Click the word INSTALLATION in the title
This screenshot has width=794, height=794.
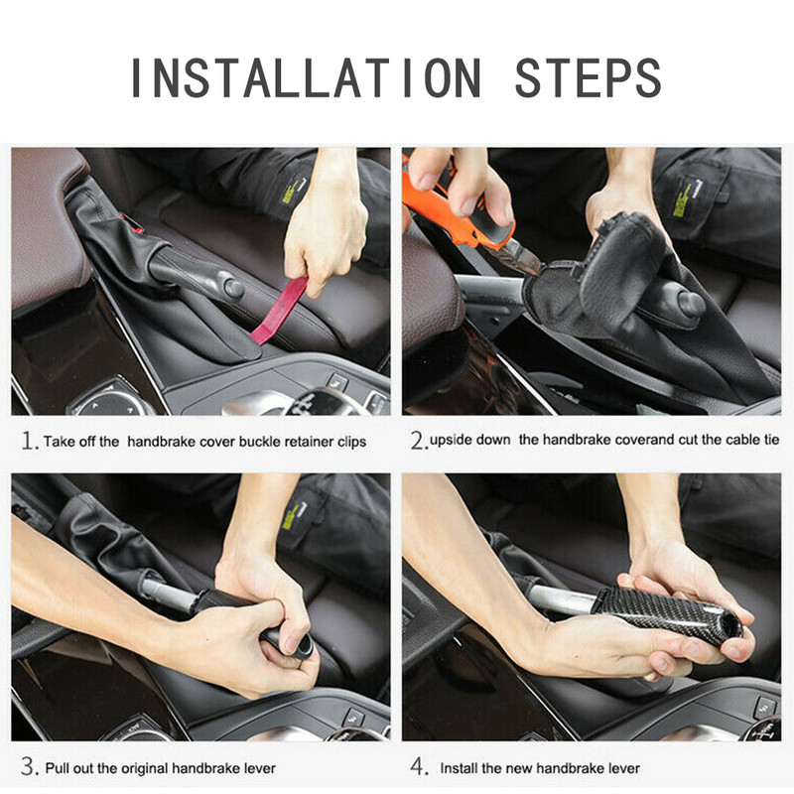(x=306, y=77)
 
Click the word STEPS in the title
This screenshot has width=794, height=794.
(x=588, y=77)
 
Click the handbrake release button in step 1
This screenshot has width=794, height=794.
(x=234, y=288)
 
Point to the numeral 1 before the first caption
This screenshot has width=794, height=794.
(x=29, y=441)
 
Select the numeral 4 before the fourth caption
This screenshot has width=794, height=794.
(x=419, y=766)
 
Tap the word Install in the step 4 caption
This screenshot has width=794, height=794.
(x=459, y=768)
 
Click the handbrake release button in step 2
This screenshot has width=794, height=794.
(x=691, y=304)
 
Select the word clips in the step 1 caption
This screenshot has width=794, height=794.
(x=351, y=442)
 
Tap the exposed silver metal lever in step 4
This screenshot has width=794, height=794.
(x=565, y=598)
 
